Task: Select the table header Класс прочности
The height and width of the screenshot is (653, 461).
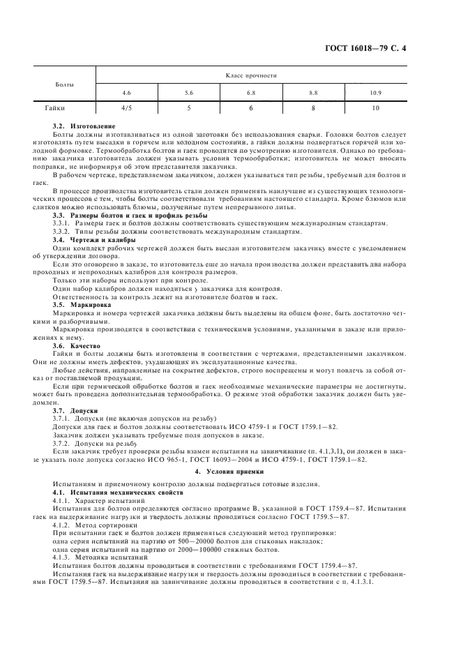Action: click(252, 75)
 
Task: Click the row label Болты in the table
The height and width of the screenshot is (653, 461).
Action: click(64, 84)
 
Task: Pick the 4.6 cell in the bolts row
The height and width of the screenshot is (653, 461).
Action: click(126, 93)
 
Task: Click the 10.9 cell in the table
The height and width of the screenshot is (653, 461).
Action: click(376, 93)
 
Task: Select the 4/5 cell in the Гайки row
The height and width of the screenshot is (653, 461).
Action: click(126, 109)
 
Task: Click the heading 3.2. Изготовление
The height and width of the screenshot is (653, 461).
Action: click(78, 126)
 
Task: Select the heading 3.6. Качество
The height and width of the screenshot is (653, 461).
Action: click(74, 345)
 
